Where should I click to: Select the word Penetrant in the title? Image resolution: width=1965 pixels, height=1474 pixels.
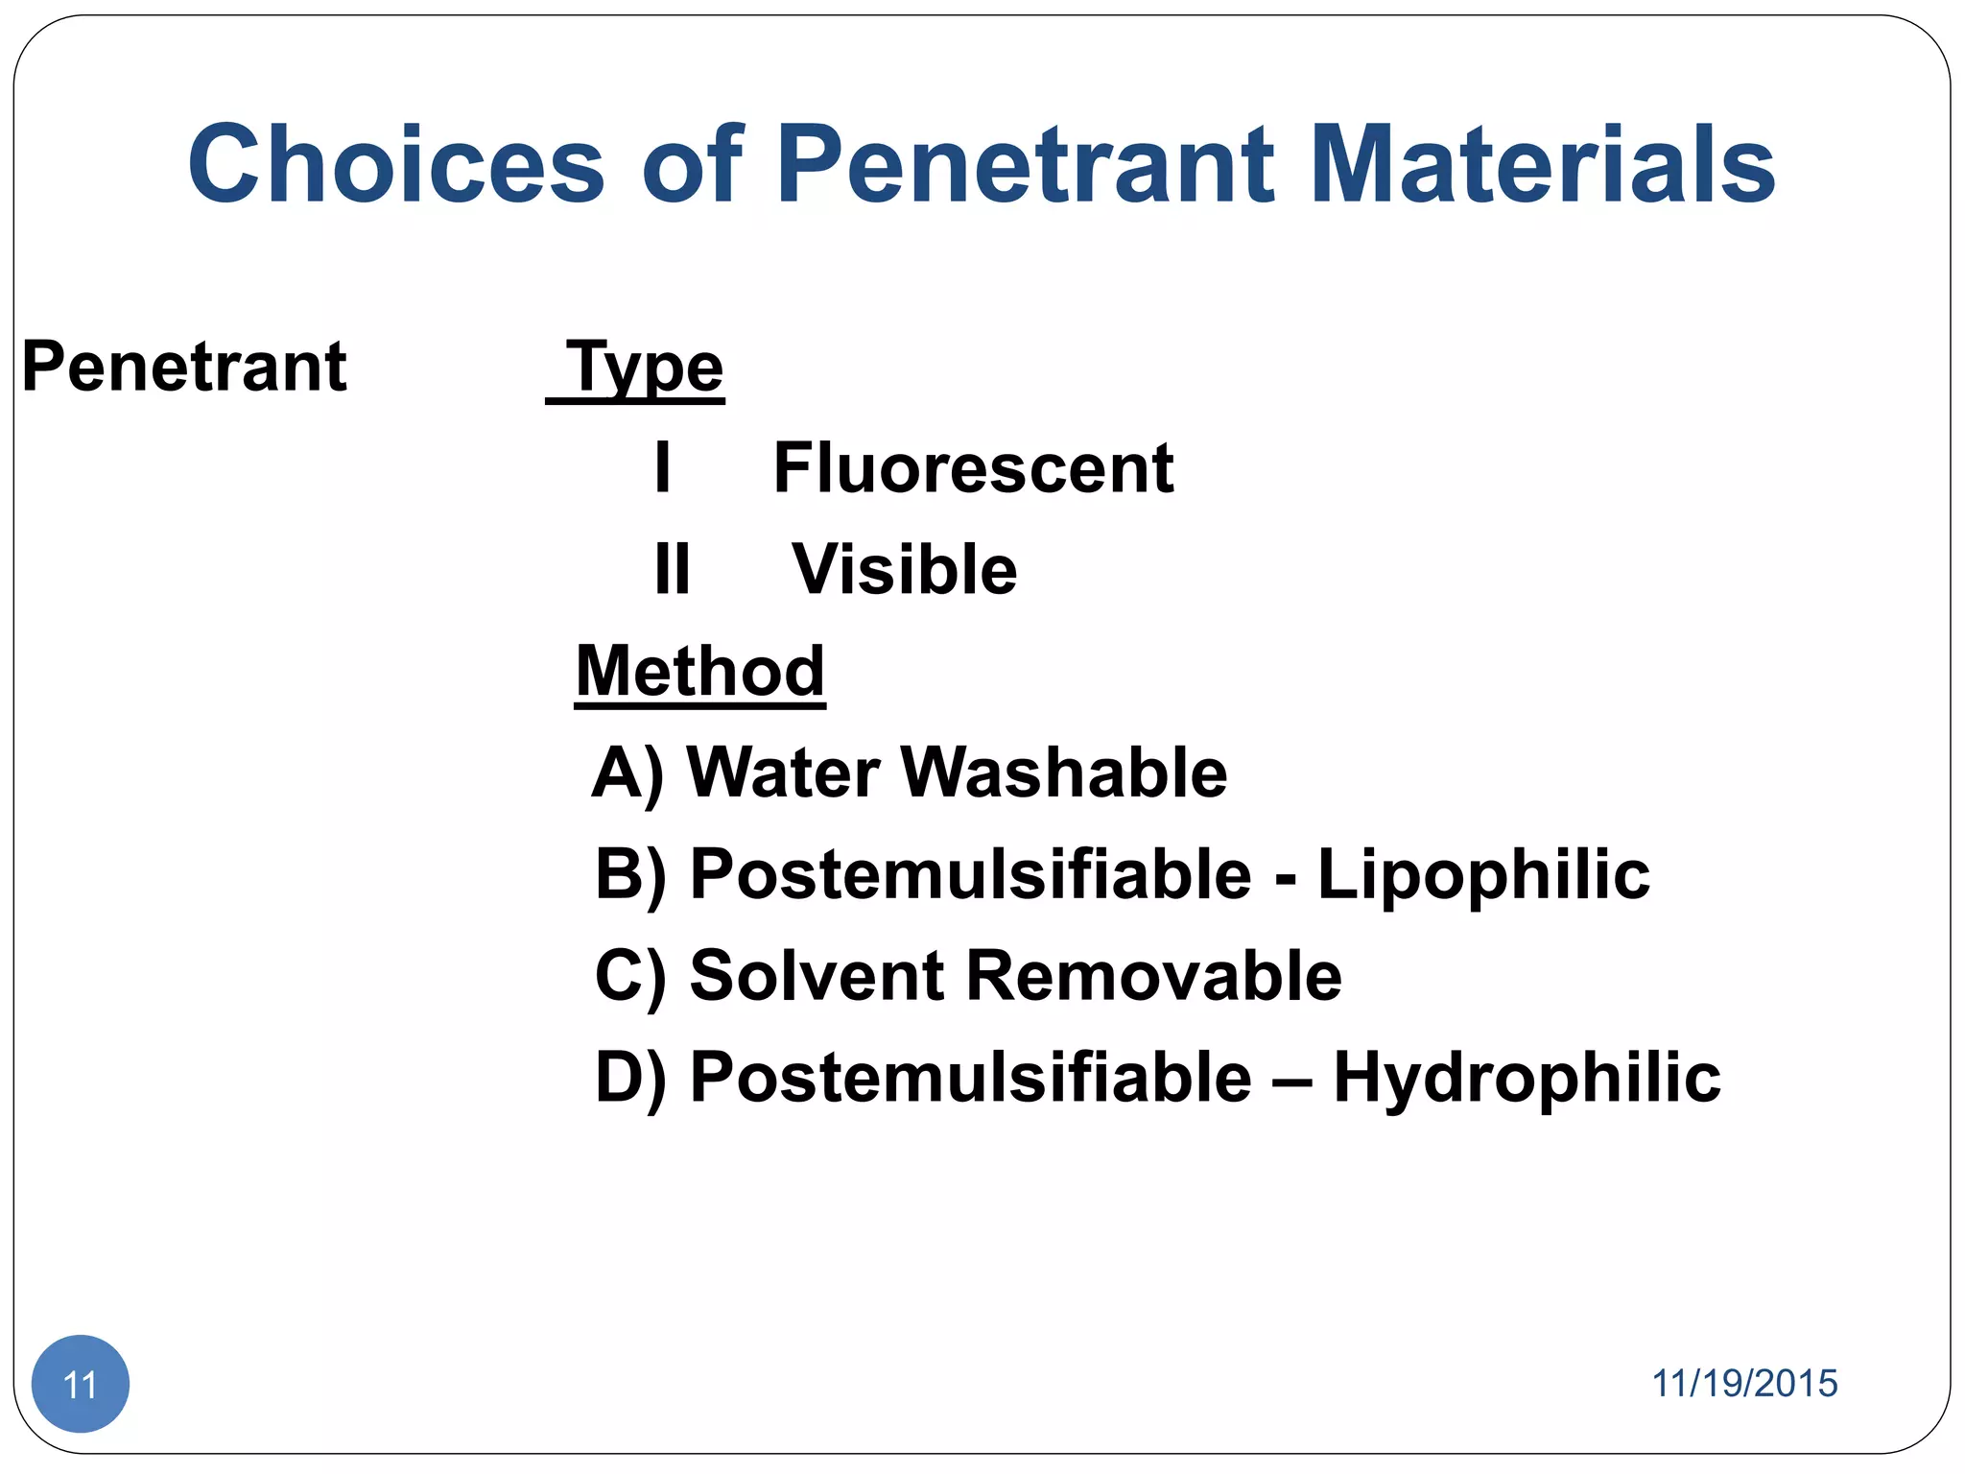click(1025, 165)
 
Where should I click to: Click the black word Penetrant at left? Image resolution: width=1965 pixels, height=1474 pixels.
click(184, 367)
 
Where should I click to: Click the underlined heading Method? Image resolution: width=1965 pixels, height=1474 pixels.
click(699, 671)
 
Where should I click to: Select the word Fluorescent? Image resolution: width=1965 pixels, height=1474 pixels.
click(973, 468)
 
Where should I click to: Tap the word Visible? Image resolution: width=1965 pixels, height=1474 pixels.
click(904, 570)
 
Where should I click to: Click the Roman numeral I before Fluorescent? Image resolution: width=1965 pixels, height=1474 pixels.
click(662, 468)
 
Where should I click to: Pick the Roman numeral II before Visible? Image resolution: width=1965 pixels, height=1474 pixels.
click(672, 570)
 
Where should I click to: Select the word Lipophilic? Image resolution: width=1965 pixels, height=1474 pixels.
click(1482, 874)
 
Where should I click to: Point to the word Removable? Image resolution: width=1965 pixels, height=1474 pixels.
click(1153, 976)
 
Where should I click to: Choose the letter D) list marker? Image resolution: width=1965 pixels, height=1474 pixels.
click(630, 1078)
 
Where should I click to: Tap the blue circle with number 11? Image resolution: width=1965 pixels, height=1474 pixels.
click(81, 1383)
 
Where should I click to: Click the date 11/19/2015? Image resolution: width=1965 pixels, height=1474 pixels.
click(1743, 1383)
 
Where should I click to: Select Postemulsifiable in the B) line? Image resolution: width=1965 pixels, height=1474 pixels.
click(970, 874)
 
